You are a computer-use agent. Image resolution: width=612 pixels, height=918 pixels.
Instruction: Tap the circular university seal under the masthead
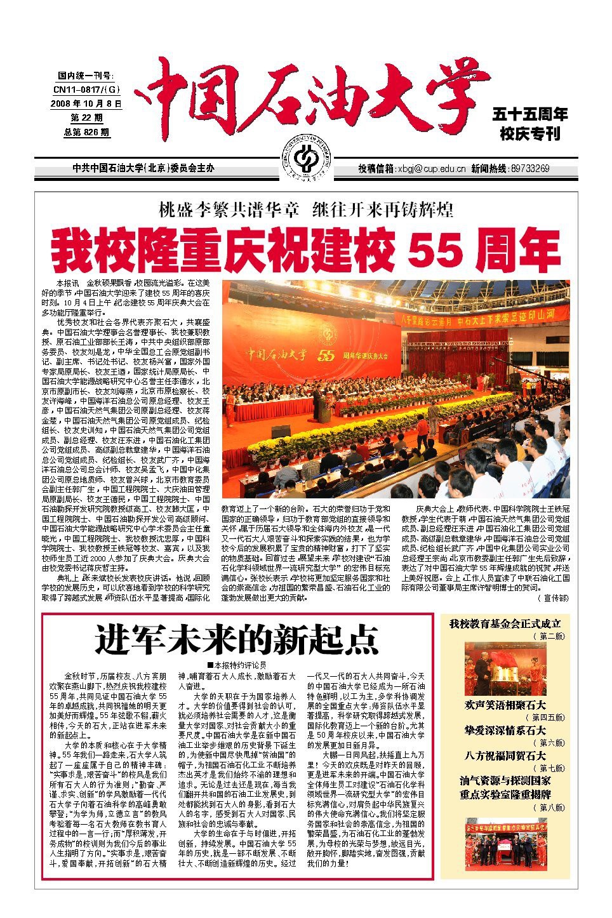point(306,159)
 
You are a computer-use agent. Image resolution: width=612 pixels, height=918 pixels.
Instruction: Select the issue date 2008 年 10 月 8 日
point(86,103)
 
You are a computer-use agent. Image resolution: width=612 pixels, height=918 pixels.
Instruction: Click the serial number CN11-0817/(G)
point(86,90)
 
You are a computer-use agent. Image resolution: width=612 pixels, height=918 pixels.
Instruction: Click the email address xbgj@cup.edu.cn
point(431,169)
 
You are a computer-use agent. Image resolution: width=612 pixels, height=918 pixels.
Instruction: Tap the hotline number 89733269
point(529,169)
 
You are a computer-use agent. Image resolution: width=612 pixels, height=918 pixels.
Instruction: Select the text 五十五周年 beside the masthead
point(530,115)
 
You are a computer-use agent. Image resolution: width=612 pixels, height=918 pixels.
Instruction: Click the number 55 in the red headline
point(434,249)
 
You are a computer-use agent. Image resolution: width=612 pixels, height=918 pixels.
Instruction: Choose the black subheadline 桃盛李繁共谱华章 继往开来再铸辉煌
point(306,210)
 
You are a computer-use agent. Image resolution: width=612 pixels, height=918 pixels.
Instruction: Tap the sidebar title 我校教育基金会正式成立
point(505,624)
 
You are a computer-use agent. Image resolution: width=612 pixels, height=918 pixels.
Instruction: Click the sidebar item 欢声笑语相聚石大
point(505,705)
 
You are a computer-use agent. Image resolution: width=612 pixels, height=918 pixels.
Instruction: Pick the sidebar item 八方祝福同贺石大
point(505,755)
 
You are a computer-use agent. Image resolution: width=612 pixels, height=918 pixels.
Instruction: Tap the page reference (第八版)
point(550,807)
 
